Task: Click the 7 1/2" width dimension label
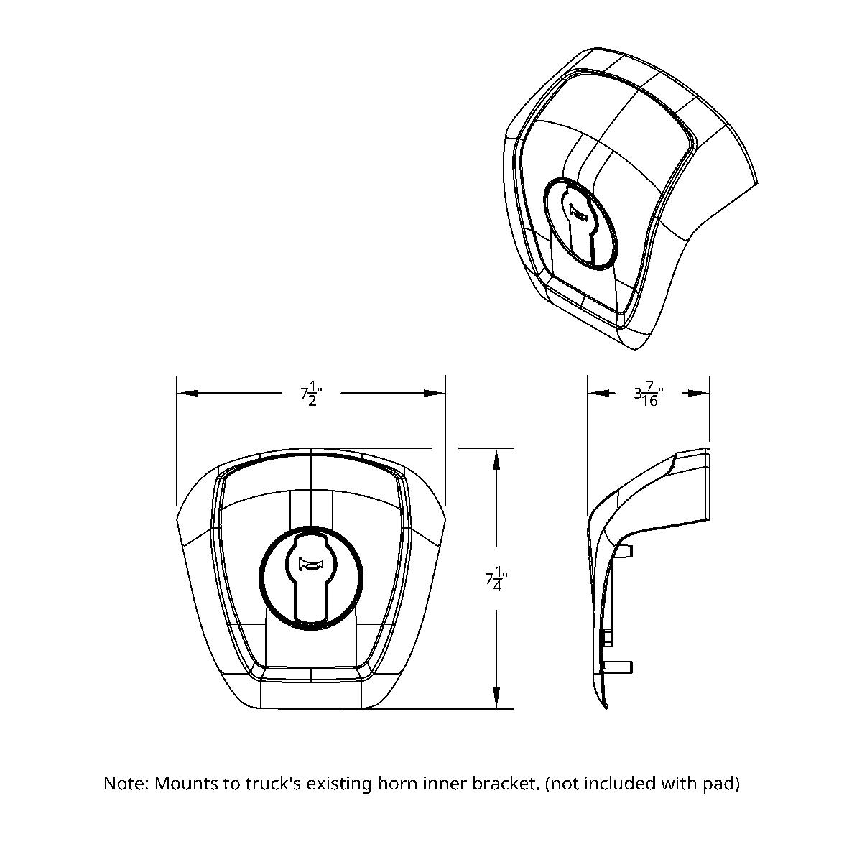tap(312, 394)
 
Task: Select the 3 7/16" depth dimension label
tap(648, 394)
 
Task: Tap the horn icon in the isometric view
tap(578, 212)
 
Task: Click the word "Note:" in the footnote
tap(126, 783)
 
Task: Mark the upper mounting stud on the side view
tap(626, 550)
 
